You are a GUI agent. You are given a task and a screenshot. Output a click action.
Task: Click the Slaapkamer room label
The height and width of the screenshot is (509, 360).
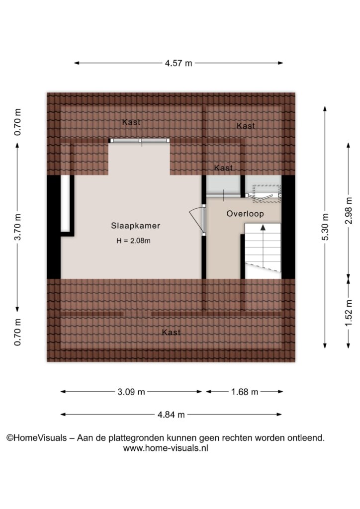[136, 226]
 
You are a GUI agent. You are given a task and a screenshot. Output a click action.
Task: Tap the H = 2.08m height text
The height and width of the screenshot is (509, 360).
[133, 241]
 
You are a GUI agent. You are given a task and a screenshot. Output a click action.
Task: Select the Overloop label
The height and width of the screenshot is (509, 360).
[245, 214]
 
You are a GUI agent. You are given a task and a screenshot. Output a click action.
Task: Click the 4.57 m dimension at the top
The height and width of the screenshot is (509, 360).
[179, 63]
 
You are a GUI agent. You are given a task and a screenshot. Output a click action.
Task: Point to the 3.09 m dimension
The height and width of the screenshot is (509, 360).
[131, 392]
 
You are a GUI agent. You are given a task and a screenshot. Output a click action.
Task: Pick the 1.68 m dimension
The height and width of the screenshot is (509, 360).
[245, 392]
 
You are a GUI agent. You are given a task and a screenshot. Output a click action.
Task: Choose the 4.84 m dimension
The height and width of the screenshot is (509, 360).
[171, 415]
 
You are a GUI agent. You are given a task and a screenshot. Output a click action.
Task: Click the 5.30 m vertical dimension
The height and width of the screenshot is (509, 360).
[325, 227]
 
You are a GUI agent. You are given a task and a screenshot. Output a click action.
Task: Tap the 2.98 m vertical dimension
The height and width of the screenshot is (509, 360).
[349, 210]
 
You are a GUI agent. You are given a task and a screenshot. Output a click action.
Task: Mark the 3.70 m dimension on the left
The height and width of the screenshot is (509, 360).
[18, 227]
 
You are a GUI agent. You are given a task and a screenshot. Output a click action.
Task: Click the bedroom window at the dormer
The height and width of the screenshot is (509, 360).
[139, 141]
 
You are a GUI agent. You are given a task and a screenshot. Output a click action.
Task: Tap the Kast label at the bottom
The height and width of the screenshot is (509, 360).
[171, 332]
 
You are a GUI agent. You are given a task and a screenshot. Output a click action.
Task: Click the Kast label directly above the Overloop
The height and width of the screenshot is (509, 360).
[223, 168]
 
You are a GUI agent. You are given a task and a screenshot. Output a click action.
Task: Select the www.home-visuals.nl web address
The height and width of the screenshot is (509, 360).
[166, 448]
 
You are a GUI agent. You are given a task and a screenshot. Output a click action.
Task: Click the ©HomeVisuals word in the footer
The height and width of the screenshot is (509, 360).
[37, 438]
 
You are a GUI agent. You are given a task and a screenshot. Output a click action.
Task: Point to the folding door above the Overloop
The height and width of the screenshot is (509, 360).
[263, 196]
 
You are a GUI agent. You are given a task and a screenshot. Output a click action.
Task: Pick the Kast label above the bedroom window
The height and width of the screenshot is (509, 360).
[131, 122]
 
